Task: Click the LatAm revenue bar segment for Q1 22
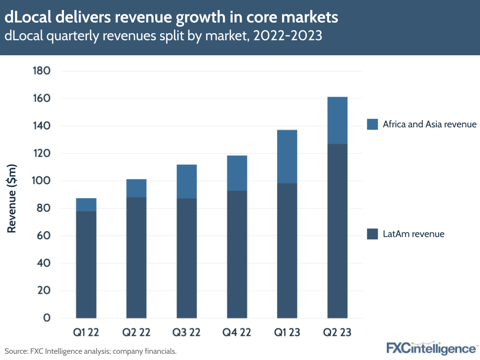[x=86, y=264]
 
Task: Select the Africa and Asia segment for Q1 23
[x=287, y=157]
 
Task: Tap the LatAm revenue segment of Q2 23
[x=337, y=231]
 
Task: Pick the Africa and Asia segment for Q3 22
[x=186, y=182]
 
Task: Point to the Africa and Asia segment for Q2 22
[x=136, y=188]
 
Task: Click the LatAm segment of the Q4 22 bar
[x=237, y=254]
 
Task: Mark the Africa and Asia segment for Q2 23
[x=337, y=121]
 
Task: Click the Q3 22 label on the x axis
[x=186, y=332]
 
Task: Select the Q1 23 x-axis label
[x=287, y=332]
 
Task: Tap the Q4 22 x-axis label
[x=237, y=332]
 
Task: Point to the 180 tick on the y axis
[x=41, y=71]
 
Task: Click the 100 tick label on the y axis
[x=41, y=181]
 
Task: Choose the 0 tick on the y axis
[x=47, y=318]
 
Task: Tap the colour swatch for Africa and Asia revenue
[x=372, y=124]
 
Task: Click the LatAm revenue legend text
[x=413, y=234]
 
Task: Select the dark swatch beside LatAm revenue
[x=372, y=234]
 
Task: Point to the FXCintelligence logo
[x=431, y=348]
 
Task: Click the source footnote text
[x=91, y=351]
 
